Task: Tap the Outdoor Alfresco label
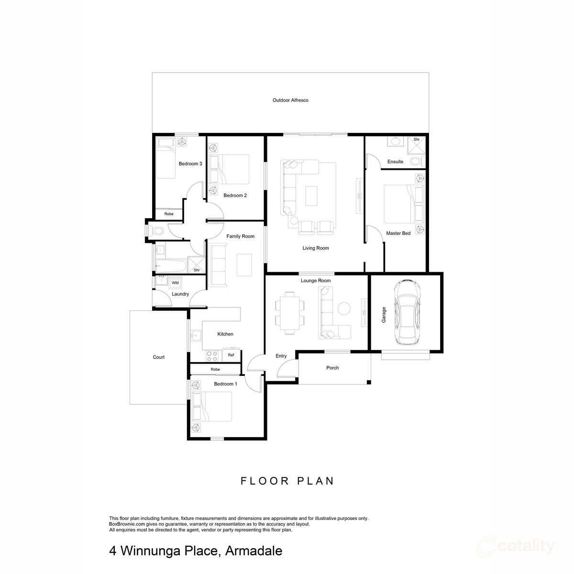[290, 100]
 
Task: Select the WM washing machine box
[175, 283]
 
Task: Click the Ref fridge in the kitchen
[231, 355]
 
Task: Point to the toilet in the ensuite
[417, 162]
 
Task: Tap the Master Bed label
[398, 233]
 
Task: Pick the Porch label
[332, 368]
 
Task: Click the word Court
[159, 357]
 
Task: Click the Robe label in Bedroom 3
[169, 214]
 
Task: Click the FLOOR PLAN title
[287, 481]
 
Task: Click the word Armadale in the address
[253, 551]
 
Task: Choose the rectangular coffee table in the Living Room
[311, 196]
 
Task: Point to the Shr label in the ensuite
[416, 139]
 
